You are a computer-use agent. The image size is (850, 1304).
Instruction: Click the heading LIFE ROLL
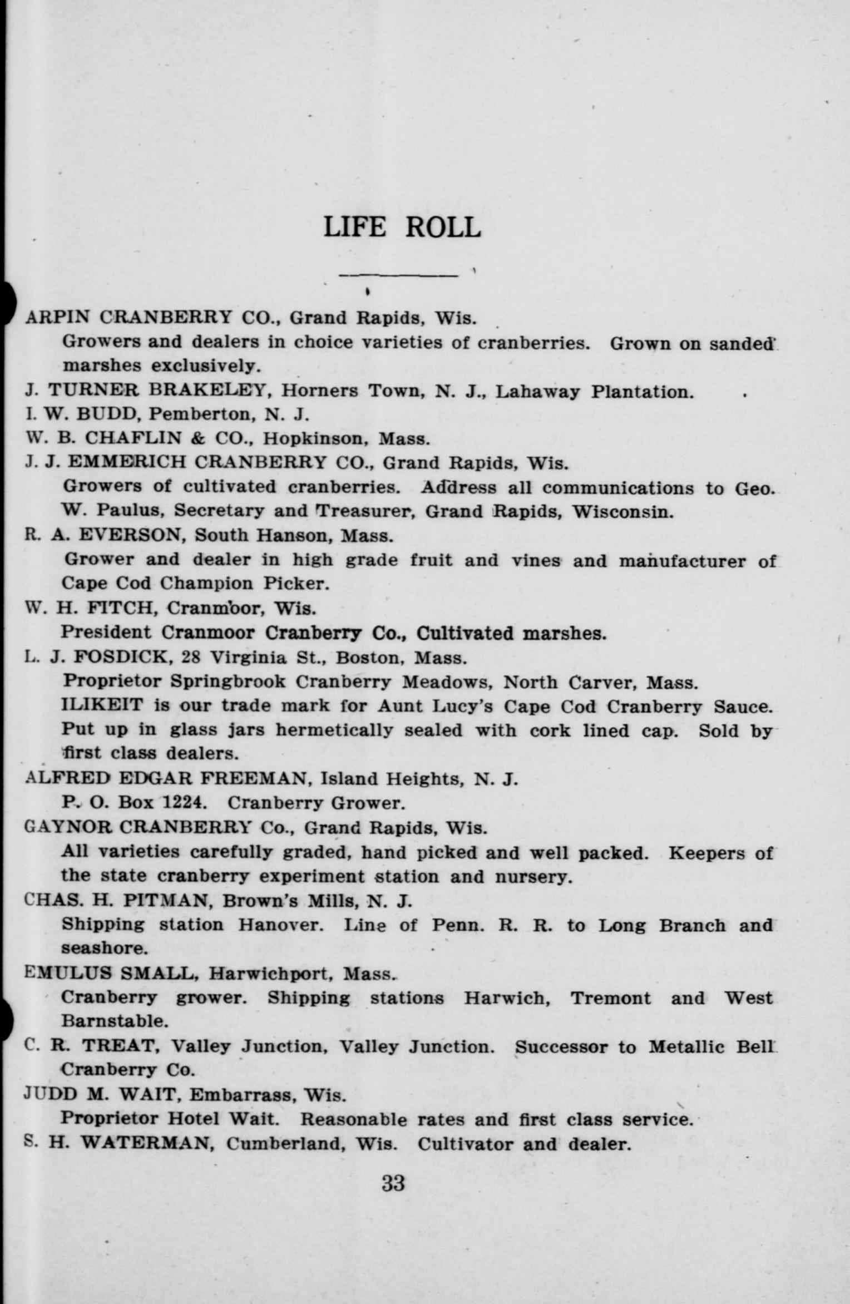[402, 228]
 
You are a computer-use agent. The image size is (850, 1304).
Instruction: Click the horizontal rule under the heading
[398, 275]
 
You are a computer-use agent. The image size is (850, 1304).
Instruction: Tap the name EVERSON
[131, 535]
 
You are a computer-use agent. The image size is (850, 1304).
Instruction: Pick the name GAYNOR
[68, 827]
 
